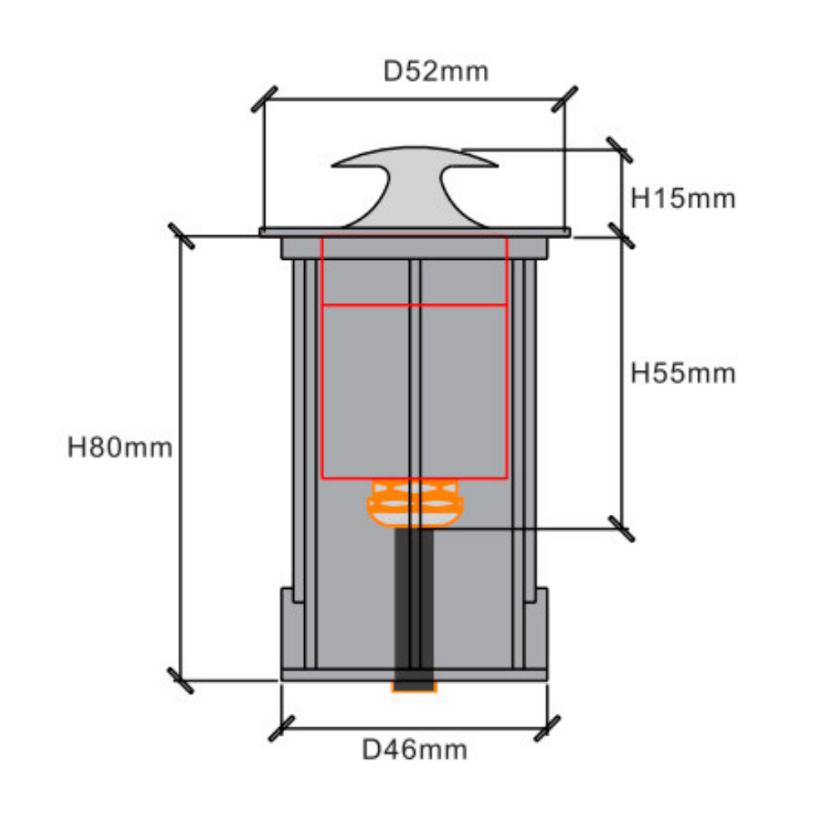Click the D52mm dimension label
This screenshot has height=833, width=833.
pyautogui.click(x=436, y=72)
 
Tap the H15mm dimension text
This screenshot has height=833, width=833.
pyautogui.click(x=683, y=199)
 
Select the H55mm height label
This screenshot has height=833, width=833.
pyautogui.click(x=683, y=373)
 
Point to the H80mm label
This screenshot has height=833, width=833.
pyautogui.click(x=120, y=447)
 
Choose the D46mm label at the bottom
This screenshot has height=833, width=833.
pyautogui.click(x=414, y=750)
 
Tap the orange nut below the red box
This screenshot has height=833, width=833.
pyautogui.click(x=415, y=502)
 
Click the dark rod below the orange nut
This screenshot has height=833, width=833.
pyautogui.click(x=414, y=606)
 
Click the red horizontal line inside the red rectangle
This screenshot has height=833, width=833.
pyautogui.click(x=414, y=305)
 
